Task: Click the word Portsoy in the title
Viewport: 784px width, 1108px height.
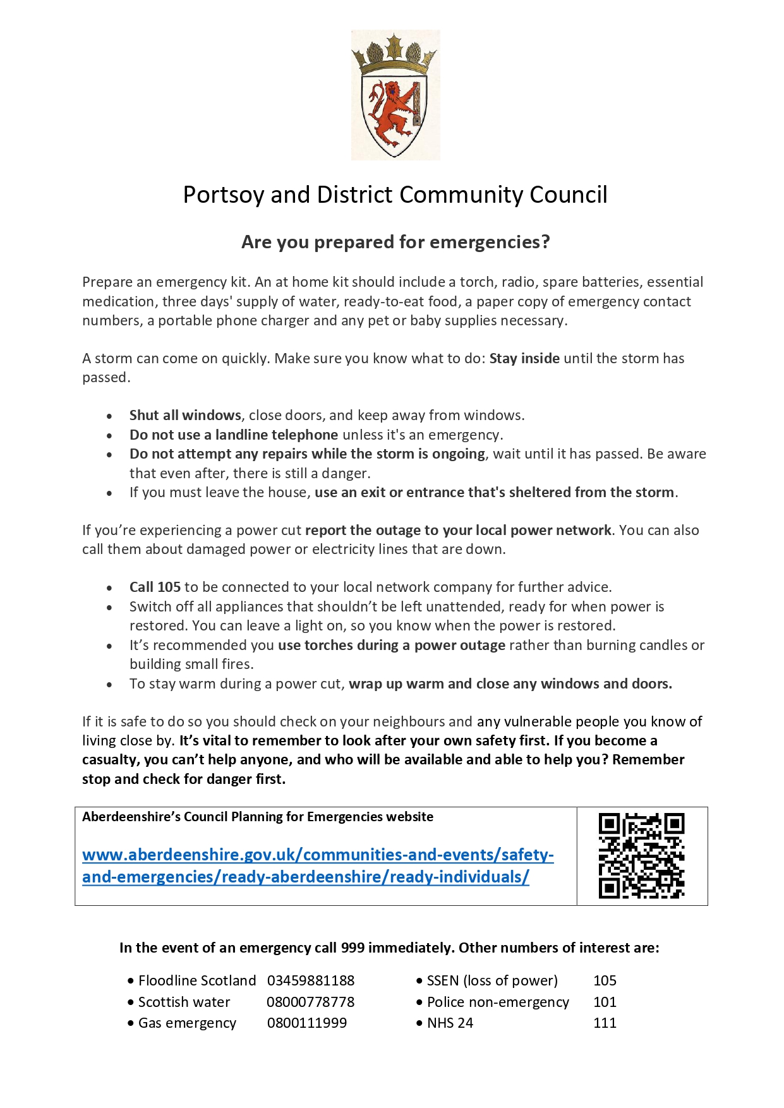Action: (x=222, y=195)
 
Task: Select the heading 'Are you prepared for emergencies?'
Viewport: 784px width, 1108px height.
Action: (x=395, y=242)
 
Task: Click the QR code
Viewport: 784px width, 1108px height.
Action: (x=641, y=855)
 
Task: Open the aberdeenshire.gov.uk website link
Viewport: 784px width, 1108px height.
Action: (x=318, y=865)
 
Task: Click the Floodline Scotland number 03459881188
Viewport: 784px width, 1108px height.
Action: (x=310, y=980)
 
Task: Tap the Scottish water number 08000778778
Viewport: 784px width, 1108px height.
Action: (x=310, y=1002)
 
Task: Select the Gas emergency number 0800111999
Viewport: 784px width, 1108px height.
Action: (x=306, y=1023)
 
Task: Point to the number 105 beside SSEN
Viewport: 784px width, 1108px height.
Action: (x=605, y=980)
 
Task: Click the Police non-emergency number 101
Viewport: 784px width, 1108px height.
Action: (x=605, y=1002)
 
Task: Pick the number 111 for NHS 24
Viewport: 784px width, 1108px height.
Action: (x=605, y=1023)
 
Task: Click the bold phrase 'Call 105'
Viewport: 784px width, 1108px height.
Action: (x=155, y=587)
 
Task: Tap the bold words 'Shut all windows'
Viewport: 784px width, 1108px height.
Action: (x=185, y=415)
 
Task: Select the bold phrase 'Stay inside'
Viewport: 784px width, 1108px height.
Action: (x=524, y=358)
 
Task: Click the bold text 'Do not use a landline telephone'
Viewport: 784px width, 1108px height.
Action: (x=234, y=435)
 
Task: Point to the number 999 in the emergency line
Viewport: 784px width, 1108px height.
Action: (x=353, y=948)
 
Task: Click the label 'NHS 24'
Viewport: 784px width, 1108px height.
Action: (x=450, y=1023)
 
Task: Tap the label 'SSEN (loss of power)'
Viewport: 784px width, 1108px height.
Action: (x=492, y=980)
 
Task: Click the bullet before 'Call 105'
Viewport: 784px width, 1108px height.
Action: (x=110, y=587)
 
